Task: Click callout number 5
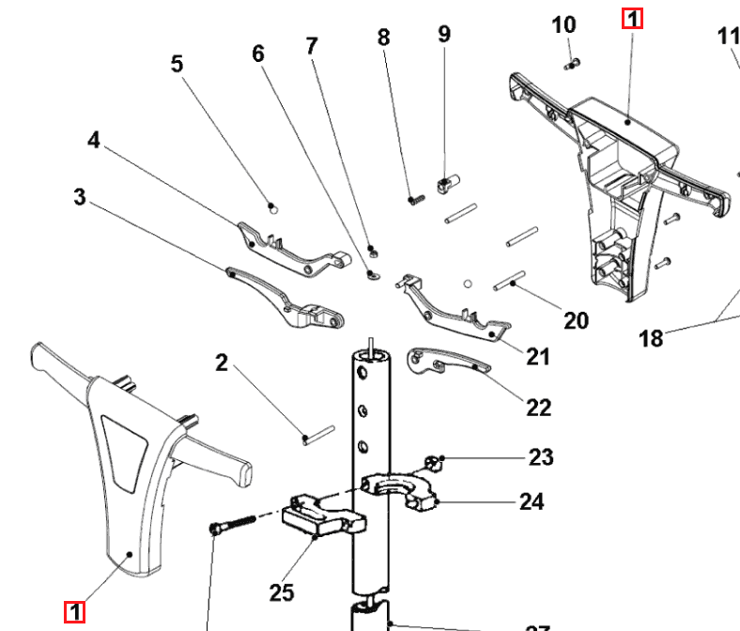point(177,65)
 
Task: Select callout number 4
point(93,141)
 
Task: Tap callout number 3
point(80,197)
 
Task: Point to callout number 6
point(258,53)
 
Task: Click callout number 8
point(383,38)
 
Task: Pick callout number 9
point(444,34)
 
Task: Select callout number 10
point(563,24)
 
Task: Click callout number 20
point(576,320)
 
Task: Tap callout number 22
point(538,407)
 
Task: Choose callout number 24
point(532,501)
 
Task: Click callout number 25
point(282,592)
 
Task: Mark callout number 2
point(222,362)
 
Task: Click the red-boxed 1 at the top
point(632,18)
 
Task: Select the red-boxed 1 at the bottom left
point(74,612)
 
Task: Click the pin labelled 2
point(318,435)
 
